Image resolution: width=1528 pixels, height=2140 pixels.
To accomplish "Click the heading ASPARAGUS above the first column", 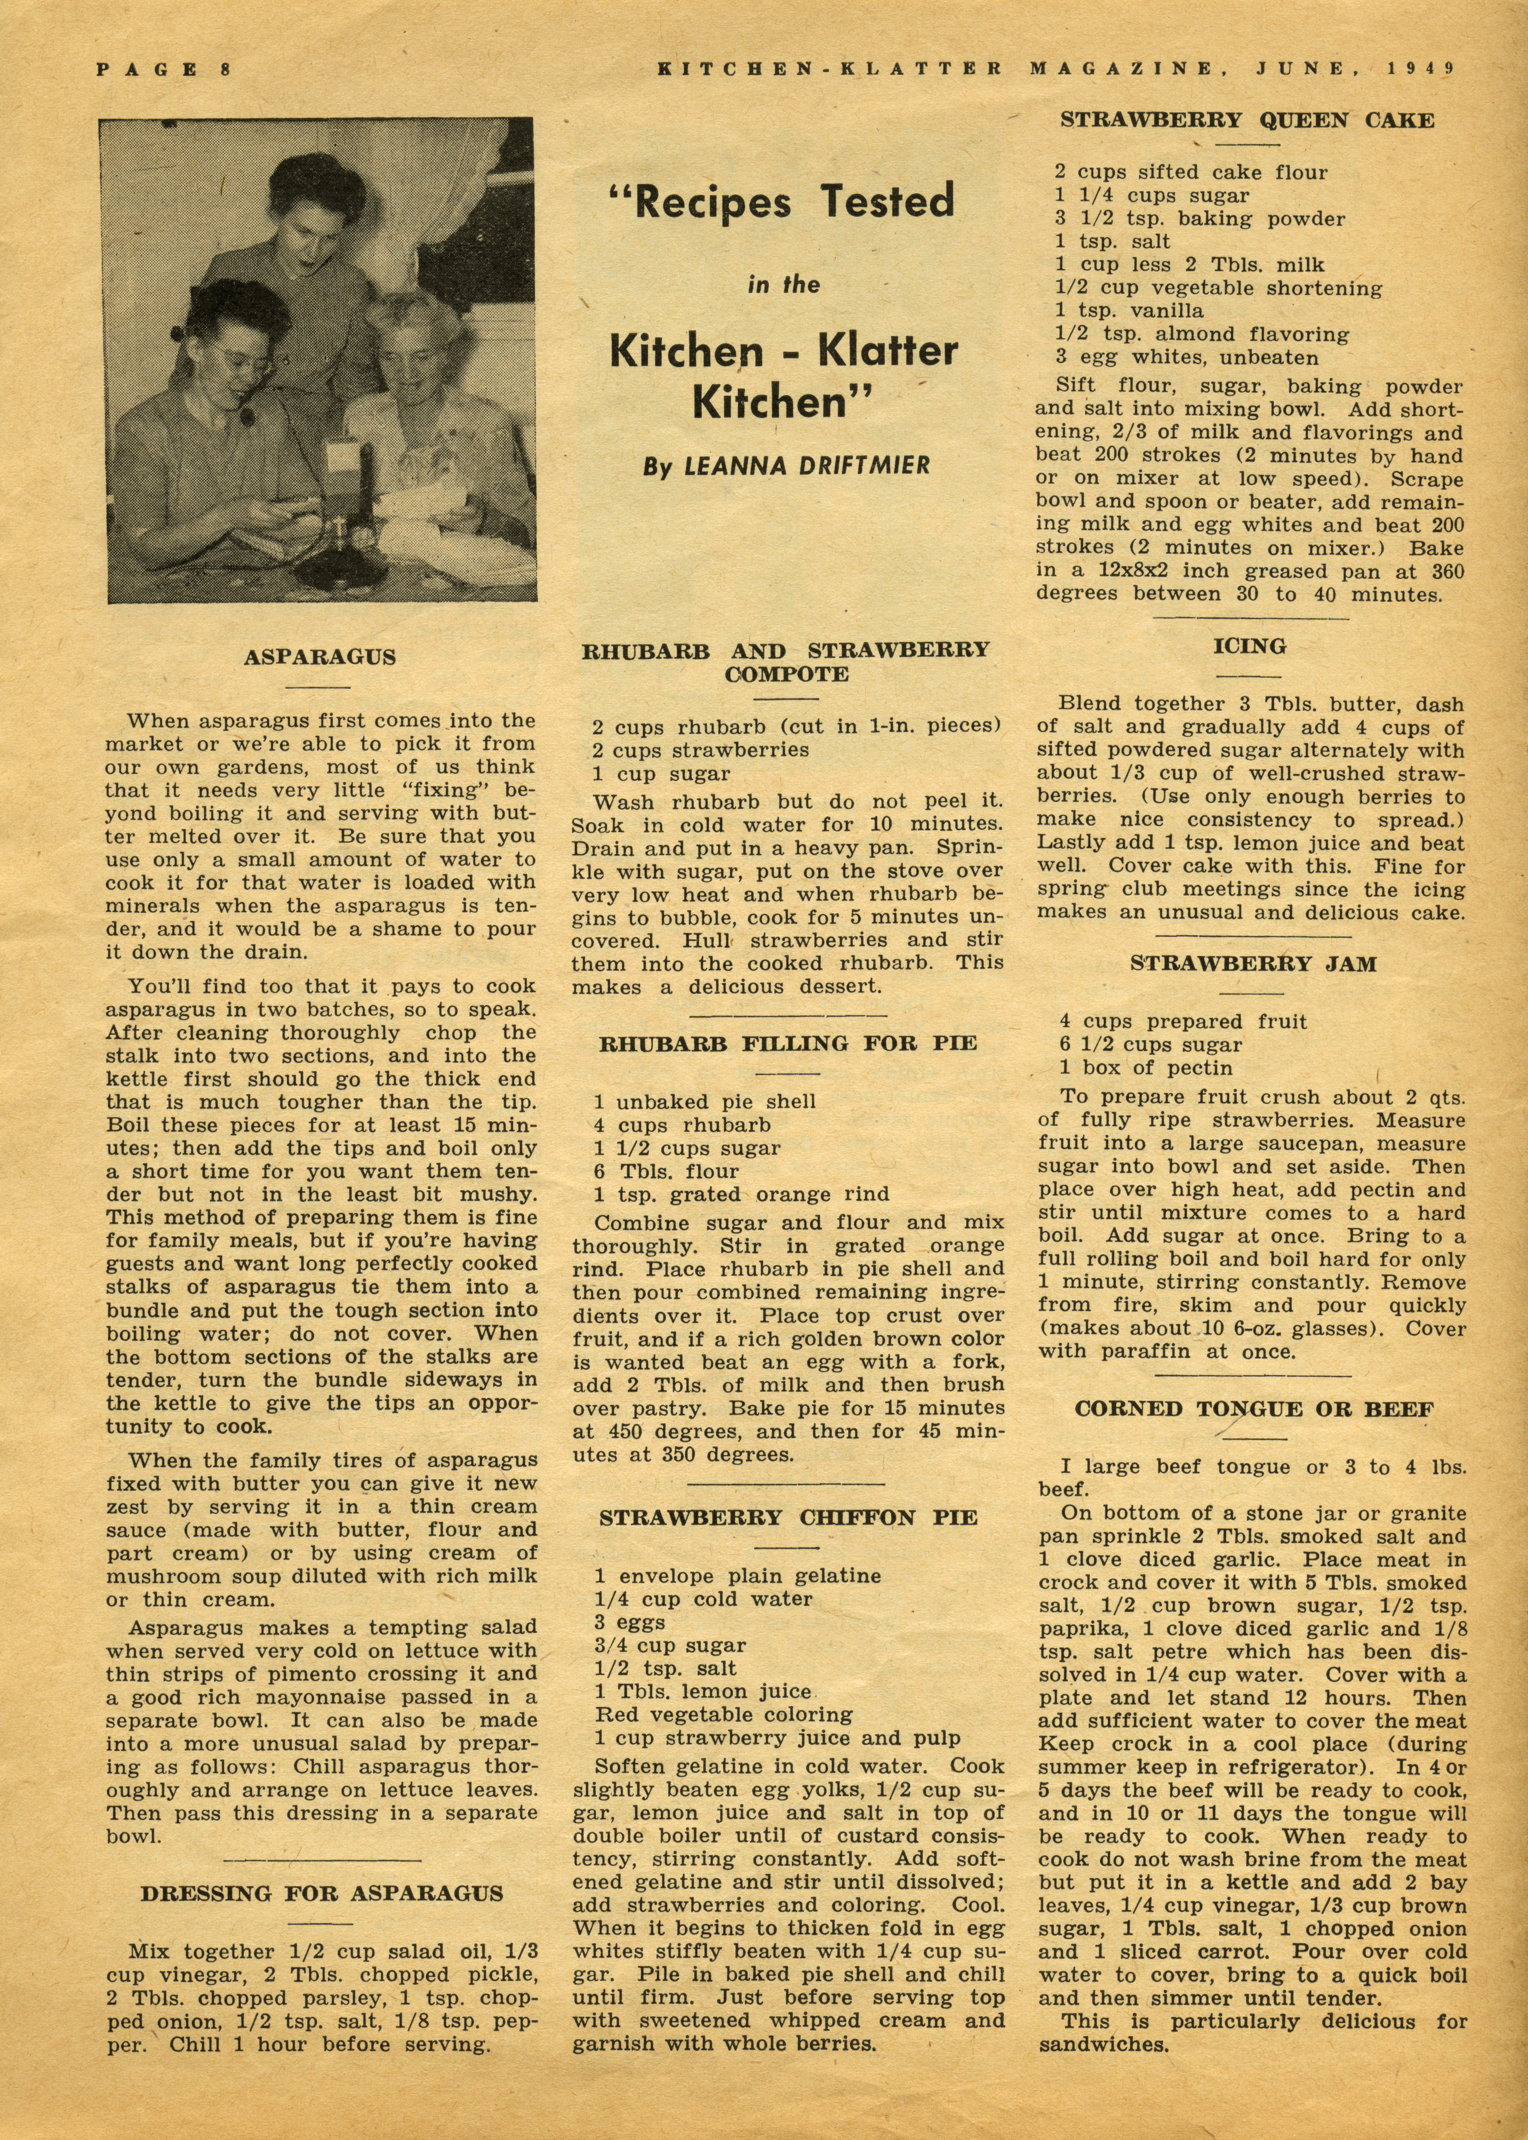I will click(320, 657).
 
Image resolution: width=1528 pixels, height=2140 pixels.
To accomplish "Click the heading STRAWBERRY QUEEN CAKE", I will click(1248, 120).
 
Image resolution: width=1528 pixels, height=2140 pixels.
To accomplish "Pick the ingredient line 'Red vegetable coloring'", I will click(723, 1714).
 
